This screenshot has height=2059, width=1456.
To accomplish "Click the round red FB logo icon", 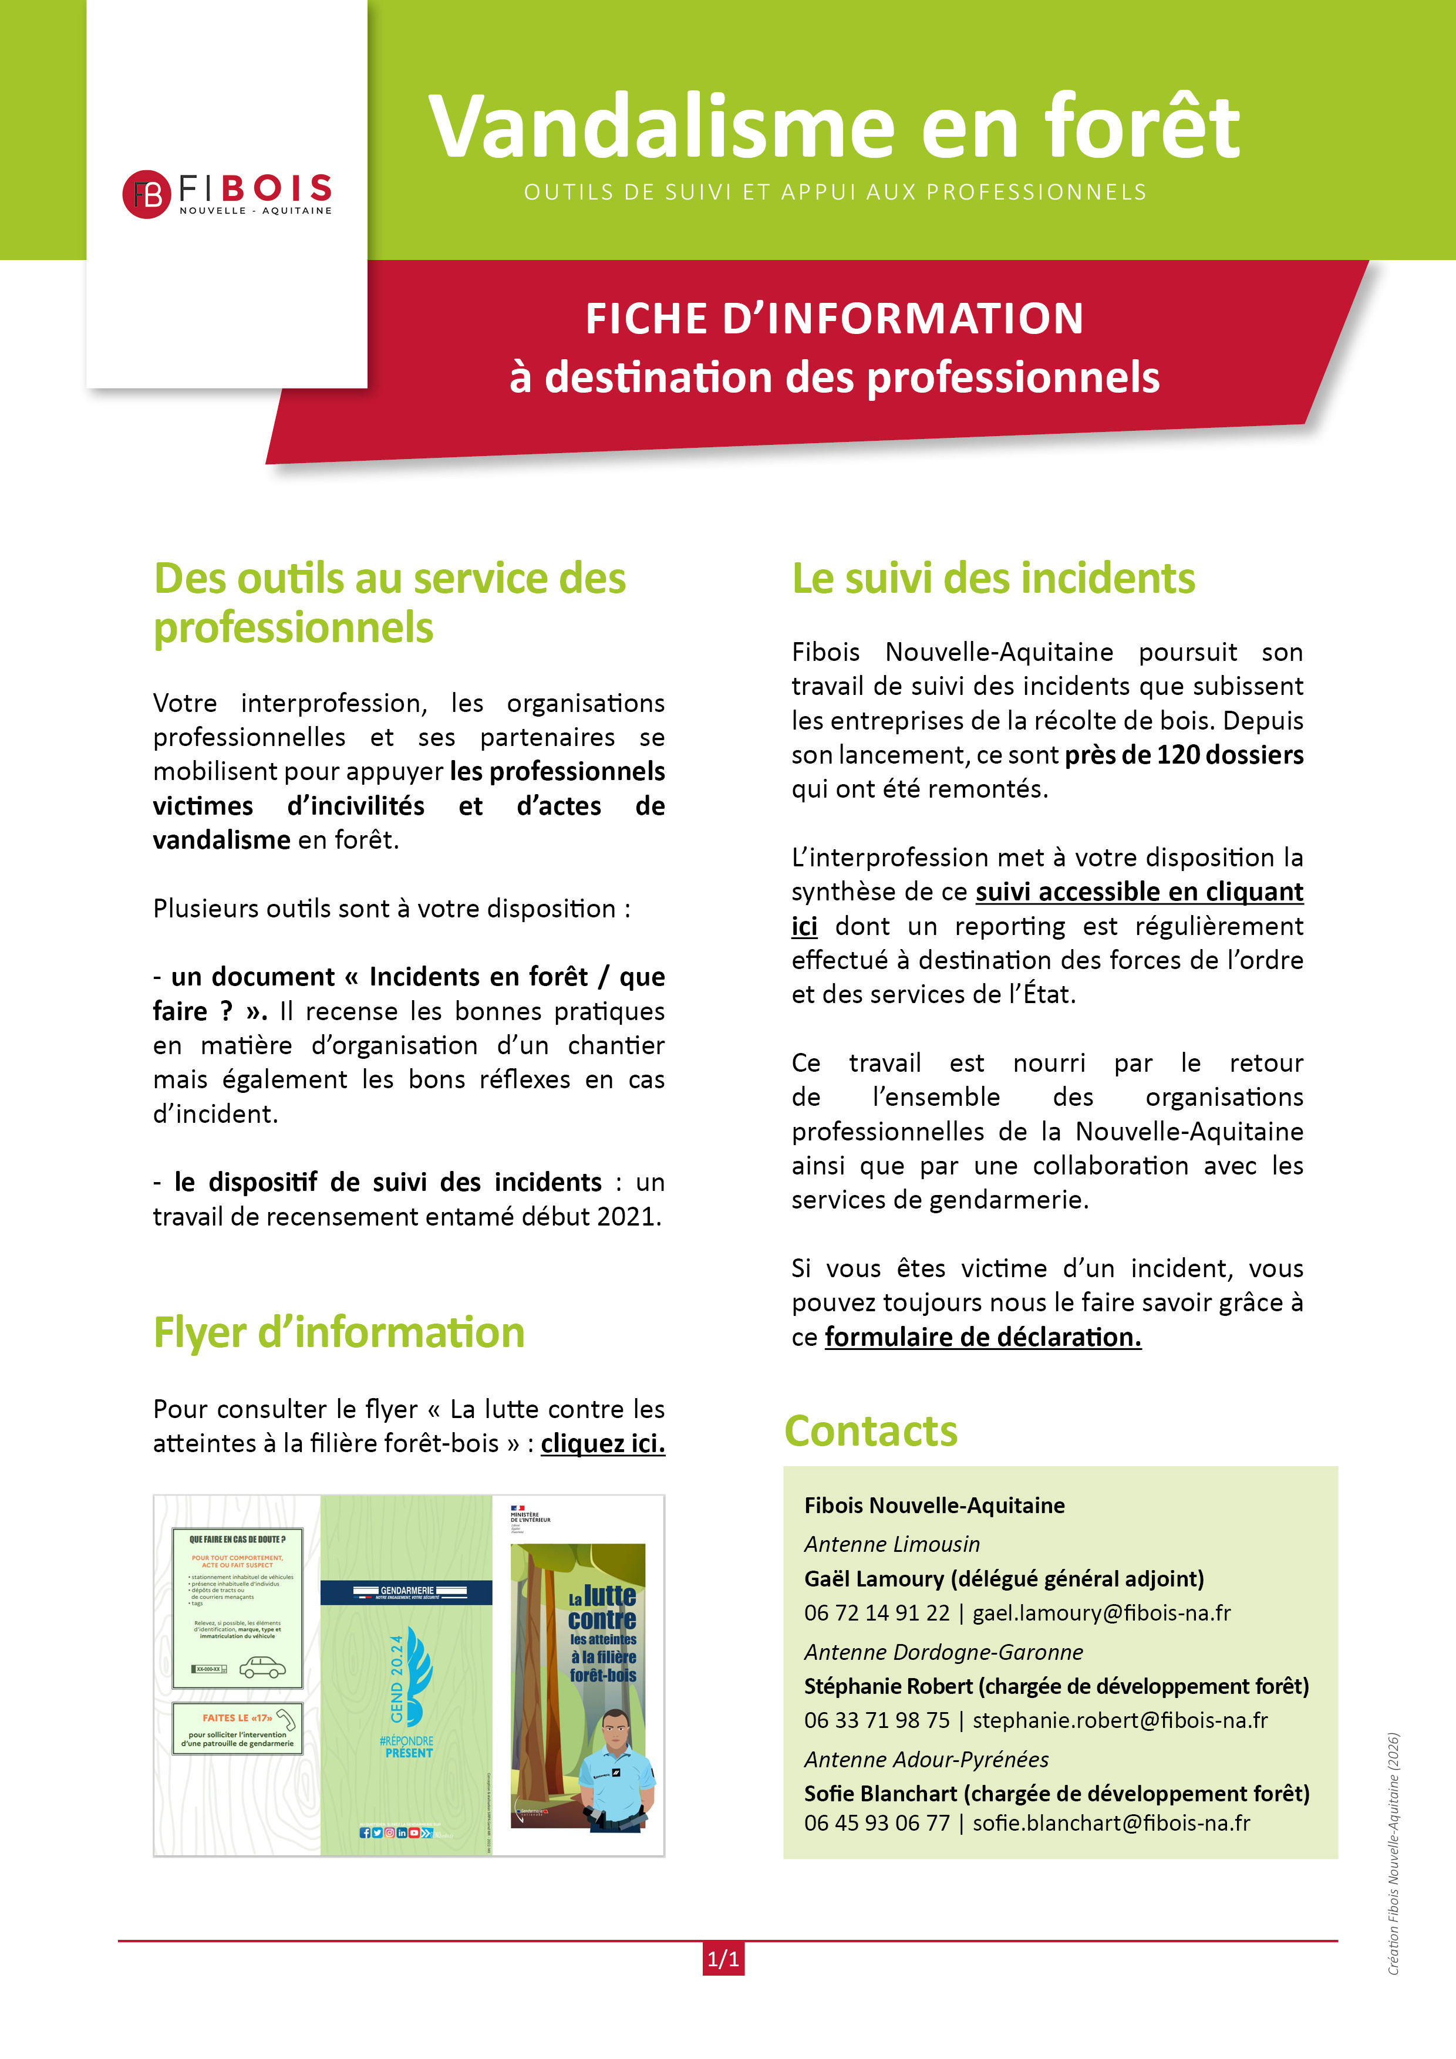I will point(146,194).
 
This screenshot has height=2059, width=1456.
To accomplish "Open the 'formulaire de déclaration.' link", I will point(982,1337).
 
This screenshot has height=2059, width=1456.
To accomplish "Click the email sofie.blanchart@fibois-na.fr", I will point(1111,1823).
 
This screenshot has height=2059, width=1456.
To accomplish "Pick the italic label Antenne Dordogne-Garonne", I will point(943,1652).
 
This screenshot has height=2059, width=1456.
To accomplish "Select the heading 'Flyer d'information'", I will point(338,1332).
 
